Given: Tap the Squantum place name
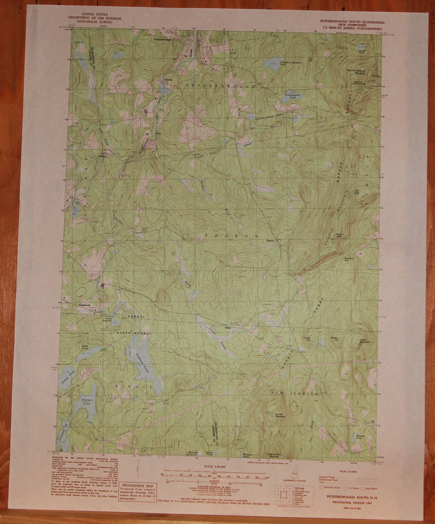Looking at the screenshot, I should (85, 305).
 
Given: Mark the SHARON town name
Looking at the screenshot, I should (232, 236).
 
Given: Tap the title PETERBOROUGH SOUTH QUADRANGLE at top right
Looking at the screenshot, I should (353, 23).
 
